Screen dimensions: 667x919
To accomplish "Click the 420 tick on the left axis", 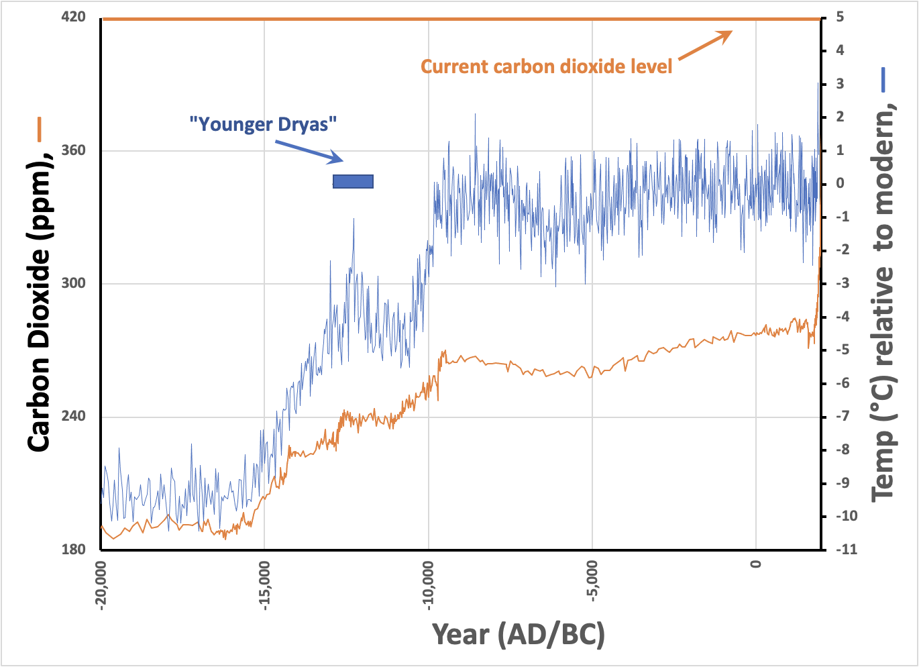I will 73,17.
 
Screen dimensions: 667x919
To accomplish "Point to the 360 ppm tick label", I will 73,150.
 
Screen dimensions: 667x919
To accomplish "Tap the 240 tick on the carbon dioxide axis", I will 73,416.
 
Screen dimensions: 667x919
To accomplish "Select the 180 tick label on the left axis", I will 73,550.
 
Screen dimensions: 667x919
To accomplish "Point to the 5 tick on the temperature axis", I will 840,17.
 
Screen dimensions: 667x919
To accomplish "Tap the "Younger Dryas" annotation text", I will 263,124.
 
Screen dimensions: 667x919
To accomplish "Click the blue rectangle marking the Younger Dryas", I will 353,181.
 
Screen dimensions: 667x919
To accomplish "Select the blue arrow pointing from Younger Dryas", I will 309,150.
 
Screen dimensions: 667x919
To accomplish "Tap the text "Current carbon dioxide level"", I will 546,66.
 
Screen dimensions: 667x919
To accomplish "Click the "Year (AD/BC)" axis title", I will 518,634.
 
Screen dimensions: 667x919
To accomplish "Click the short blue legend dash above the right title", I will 883,79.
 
